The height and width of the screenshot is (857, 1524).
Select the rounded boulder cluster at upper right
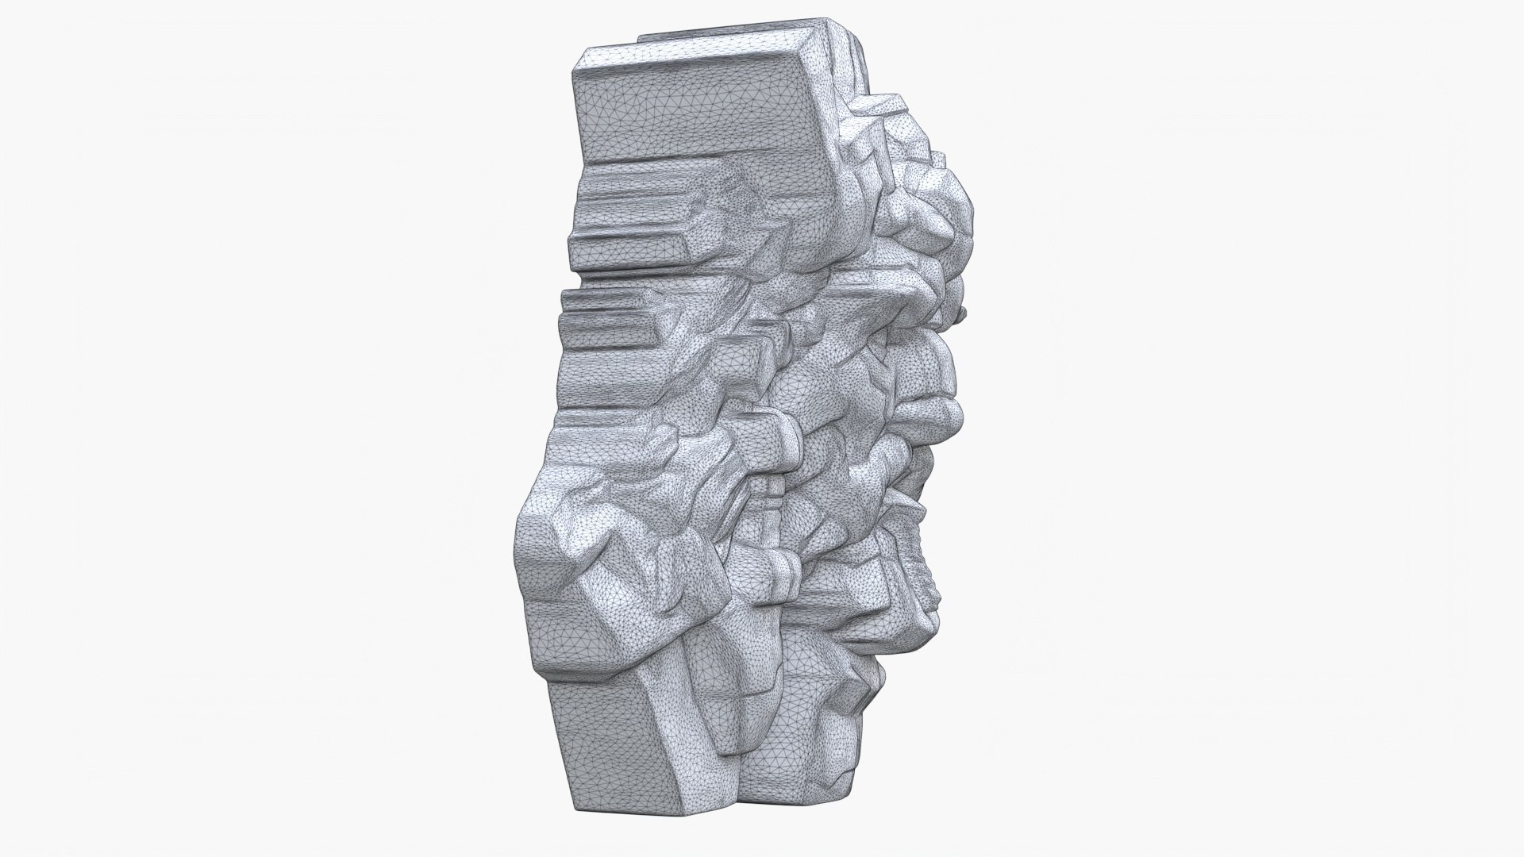click(929, 214)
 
